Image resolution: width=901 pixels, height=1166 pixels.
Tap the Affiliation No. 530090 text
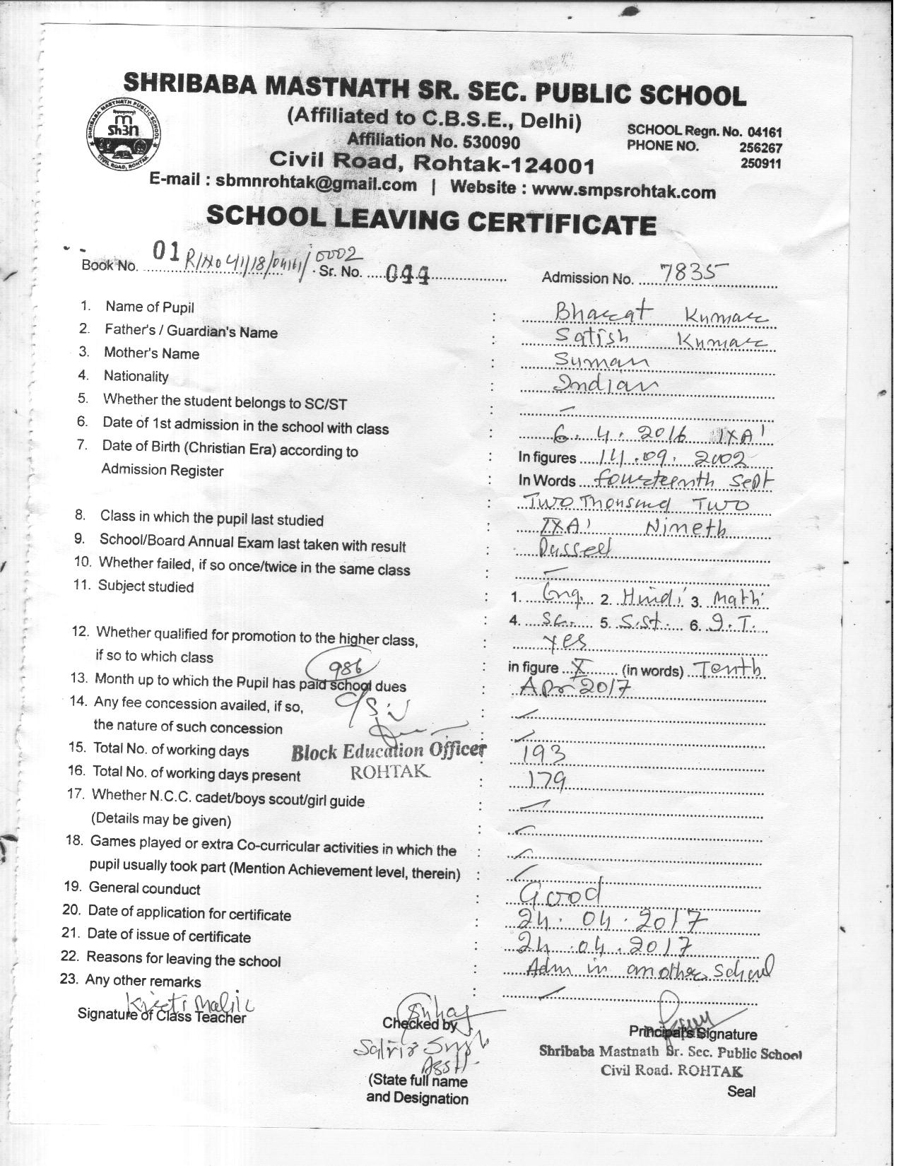coord(433,141)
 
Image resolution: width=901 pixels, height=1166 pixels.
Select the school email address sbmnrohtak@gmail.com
coord(316,184)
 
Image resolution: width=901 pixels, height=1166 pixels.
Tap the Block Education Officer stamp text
coord(389,752)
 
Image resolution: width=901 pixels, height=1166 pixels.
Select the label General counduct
coord(144,888)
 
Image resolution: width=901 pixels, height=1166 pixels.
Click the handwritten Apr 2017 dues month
coord(567,688)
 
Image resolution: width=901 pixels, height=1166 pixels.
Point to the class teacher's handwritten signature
coord(191,1003)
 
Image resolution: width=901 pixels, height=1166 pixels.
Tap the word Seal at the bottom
coord(741,1092)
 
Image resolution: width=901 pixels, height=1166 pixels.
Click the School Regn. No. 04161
coord(704,131)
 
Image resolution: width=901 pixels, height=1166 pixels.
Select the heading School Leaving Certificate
coord(431,220)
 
